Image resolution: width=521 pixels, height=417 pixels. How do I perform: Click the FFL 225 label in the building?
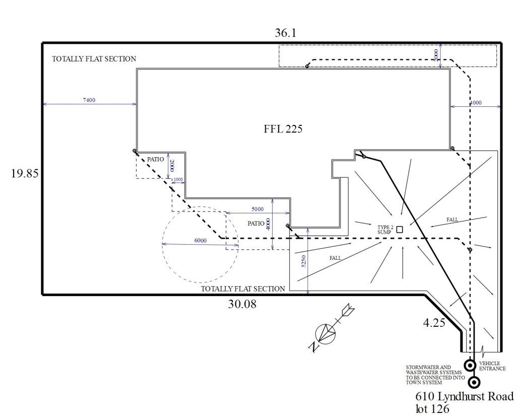pyautogui.click(x=283, y=129)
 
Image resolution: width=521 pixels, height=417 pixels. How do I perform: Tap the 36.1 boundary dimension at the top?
pyautogui.click(x=285, y=33)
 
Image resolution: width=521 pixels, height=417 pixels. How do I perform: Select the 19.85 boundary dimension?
pyautogui.click(x=24, y=174)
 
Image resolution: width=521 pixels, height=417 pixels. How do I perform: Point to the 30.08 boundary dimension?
pyautogui.click(x=241, y=304)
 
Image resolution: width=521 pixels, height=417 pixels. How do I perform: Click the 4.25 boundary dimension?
pyautogui.click(x=434, y=323)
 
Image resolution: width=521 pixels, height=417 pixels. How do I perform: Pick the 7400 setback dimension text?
pyautogui.click(x=89, y=100)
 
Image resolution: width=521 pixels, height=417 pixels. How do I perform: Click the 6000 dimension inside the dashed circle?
pyautogui.click(x=201, y=240)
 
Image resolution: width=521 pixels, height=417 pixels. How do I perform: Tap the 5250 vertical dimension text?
pyautogui.click(x=303, y=261)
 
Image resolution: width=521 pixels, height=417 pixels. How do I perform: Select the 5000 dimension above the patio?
pyautogui.click(x=257, y=209)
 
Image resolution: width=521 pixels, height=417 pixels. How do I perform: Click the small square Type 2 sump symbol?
pyautogui.click(x=400, y=230)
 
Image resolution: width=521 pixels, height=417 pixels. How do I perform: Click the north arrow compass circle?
pyautogui.click(x=324, y=333)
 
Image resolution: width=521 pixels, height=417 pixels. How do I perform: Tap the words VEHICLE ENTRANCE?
pyautogui.click(x=492, y=366)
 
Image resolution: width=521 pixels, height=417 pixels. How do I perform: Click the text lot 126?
pyautogui.click(x=432, y=409)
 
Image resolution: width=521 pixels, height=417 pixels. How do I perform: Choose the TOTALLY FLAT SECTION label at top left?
pyautogui.click(x=94, y=59)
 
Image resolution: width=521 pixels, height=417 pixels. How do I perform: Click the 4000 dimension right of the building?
pyautogui.click(x=475, y=103)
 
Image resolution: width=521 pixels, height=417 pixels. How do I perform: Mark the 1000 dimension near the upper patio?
pyautogui.click(x=178, y=180)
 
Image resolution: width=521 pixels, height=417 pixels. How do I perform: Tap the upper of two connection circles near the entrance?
pyautogui.click(x=470, y=365)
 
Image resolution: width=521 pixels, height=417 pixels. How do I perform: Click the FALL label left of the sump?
pyautogui.click(x=335, y=258)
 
